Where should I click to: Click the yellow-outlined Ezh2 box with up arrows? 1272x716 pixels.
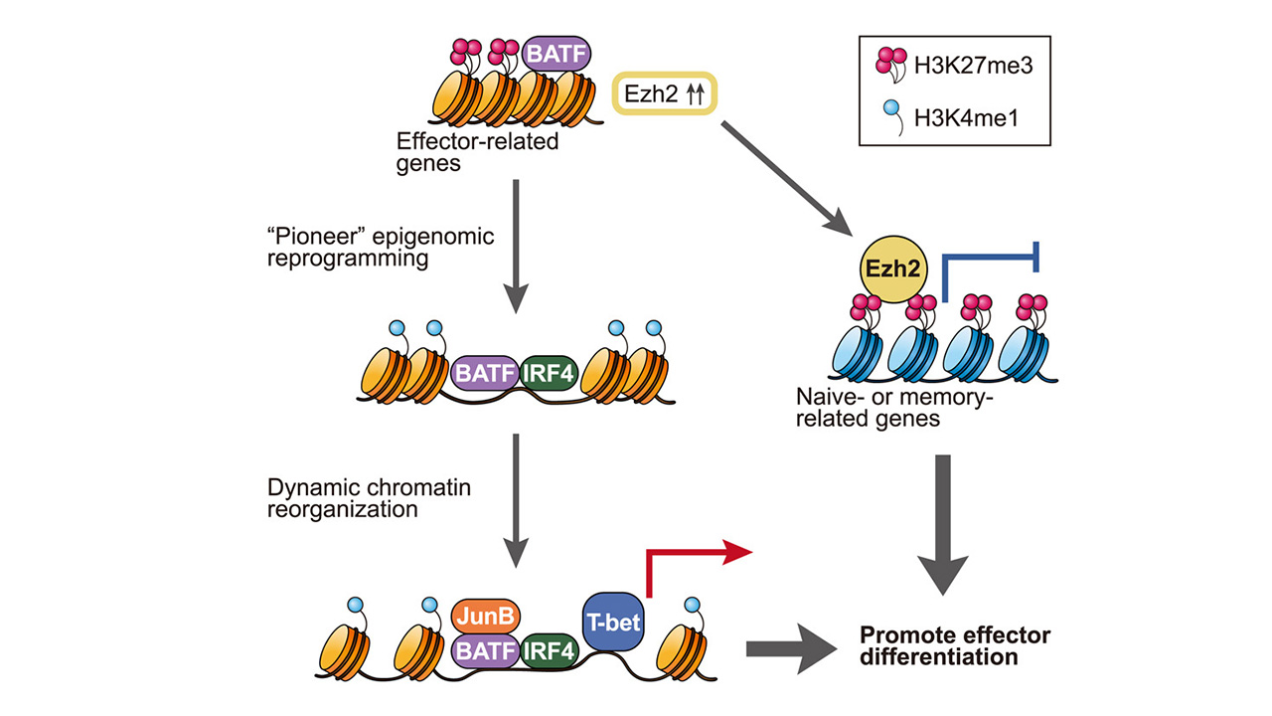(664, 93)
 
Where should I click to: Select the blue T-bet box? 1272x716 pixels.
(613, 623)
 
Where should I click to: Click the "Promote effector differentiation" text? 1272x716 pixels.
(954, 645)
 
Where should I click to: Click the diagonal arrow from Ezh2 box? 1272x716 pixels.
(788, 176)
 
